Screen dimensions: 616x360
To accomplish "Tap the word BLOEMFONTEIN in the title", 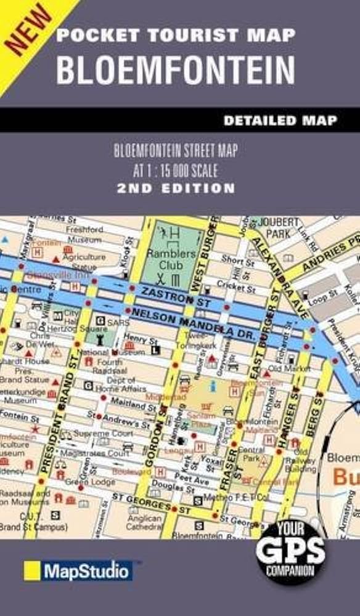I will [175, 70].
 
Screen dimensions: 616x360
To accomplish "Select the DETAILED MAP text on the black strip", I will [280, 121].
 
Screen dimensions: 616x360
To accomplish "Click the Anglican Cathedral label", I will [145, 522].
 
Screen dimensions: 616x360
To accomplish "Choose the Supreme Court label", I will [100, 434].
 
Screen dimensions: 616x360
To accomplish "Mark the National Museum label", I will [101, 352].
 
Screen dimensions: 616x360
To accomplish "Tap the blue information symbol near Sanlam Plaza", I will [213, 386].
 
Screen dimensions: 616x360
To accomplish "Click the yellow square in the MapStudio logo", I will [32, 570].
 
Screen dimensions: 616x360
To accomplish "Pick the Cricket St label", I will [238, 288].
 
